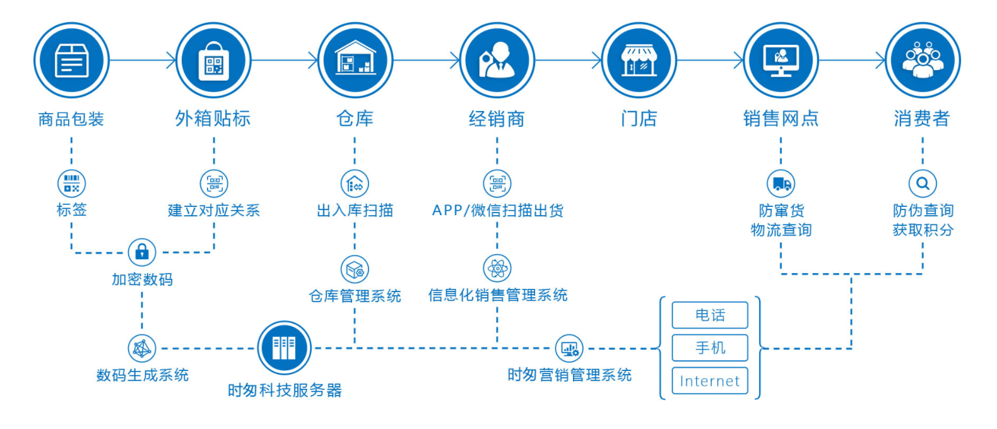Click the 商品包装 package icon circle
[71, 61]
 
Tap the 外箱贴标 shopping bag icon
[213, 61]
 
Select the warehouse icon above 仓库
[355, 61]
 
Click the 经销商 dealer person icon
[497, 61]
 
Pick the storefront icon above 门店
[639, 61]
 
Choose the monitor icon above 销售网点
[781, 61]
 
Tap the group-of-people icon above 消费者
[923, 61]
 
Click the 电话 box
[710, 315]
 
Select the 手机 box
[710, 348]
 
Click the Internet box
[710, 381]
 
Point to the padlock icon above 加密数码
[142, 252]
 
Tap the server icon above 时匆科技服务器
[284, 348]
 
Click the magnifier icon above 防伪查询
[923, 184]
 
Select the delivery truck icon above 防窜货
[781, 184]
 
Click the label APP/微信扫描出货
[497, 211]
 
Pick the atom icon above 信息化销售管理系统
[497, 269]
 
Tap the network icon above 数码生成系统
[142, 348]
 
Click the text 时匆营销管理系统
[569, 375]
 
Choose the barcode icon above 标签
[71, 184]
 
